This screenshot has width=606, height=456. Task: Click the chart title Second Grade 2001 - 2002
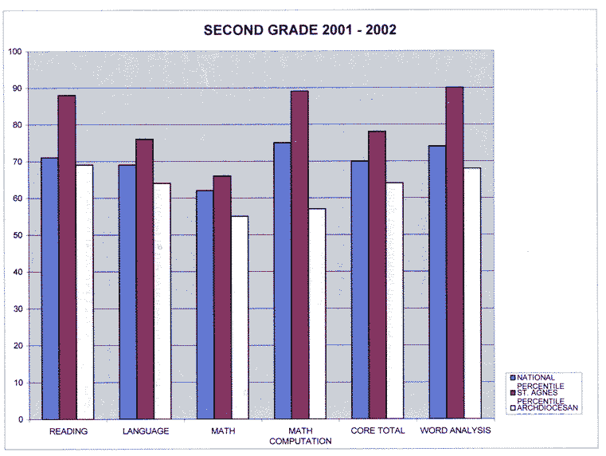click(300, 30)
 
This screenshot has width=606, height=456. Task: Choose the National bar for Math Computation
click(282, 280)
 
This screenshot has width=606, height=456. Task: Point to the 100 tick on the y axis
click(14, 52)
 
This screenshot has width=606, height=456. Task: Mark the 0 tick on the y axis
click(19, 419)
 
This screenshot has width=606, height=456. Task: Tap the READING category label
click(68, 431)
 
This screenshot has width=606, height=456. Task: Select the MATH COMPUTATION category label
click(300, 436)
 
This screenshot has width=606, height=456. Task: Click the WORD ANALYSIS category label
click(455, 431)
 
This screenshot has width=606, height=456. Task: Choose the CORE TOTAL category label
click(377, 431)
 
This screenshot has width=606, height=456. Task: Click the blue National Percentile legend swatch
click(513, 377)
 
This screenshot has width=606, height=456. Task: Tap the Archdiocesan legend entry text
click(548, 408)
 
